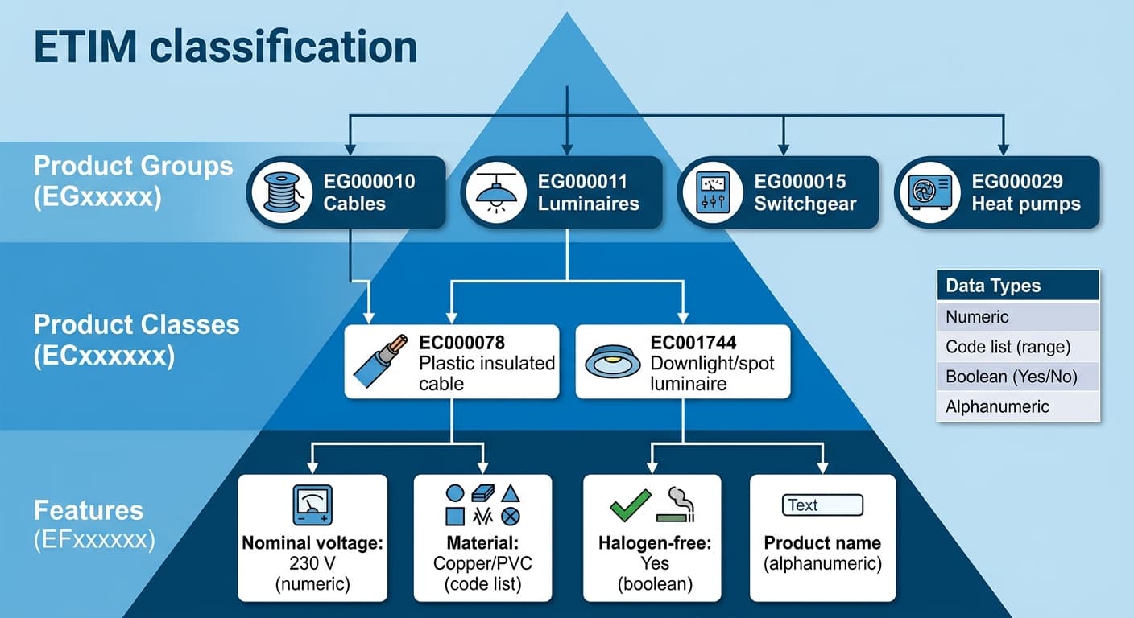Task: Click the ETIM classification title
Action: (226, 47)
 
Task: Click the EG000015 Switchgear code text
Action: (800, 182)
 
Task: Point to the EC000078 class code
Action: (461, 343)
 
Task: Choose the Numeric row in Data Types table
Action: (1018, 316)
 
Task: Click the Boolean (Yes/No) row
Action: (1018, 376)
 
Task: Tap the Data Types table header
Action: (1018, 286)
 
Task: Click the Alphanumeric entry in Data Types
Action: (1018, 406)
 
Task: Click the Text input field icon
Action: (822, 505)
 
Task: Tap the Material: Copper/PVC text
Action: (482, 553)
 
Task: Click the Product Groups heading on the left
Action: (133, 167)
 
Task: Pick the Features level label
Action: (89, 510)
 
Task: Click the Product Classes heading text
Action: (136, 325)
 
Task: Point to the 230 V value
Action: (312, 563)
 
